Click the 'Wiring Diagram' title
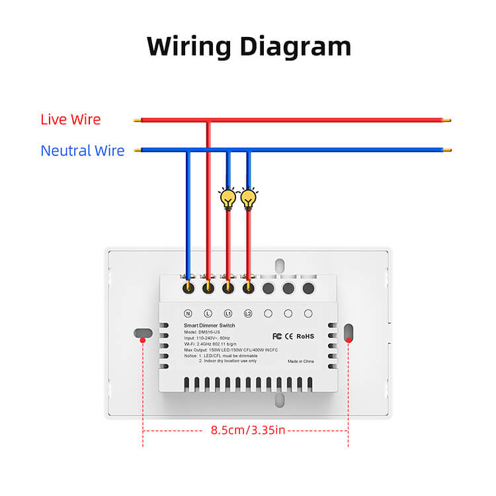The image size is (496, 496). [248, 46]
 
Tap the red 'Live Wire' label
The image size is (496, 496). [71, 120]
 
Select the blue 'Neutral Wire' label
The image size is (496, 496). [83, 151]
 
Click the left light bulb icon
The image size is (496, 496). [228, 197]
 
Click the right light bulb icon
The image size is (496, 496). [249, 197]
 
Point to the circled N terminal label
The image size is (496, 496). [188, 313]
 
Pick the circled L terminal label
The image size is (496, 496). [208, 313]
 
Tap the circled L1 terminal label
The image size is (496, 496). [228, 313]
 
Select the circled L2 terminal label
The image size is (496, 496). [248, 313]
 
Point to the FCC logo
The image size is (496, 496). [278, 336]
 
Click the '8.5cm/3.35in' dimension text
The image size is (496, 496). [248, 431]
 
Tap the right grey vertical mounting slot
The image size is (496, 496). [349, 332]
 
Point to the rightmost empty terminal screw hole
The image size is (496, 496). [308, 288]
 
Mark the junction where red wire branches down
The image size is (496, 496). [208, 121]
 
